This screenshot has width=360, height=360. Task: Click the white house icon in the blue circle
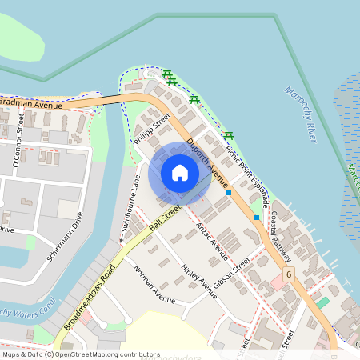[180, 172]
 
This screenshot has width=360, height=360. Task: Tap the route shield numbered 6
[288, 274]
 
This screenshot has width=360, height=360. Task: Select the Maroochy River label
[300, 114]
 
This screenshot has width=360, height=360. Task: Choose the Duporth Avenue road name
[206, 160]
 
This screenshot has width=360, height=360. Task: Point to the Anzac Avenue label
[212, 241]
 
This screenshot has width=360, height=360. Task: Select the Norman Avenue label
[154, 285]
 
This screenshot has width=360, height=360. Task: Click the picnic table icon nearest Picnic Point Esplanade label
[230, 135]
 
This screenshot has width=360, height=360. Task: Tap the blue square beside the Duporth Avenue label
[229, 193]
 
